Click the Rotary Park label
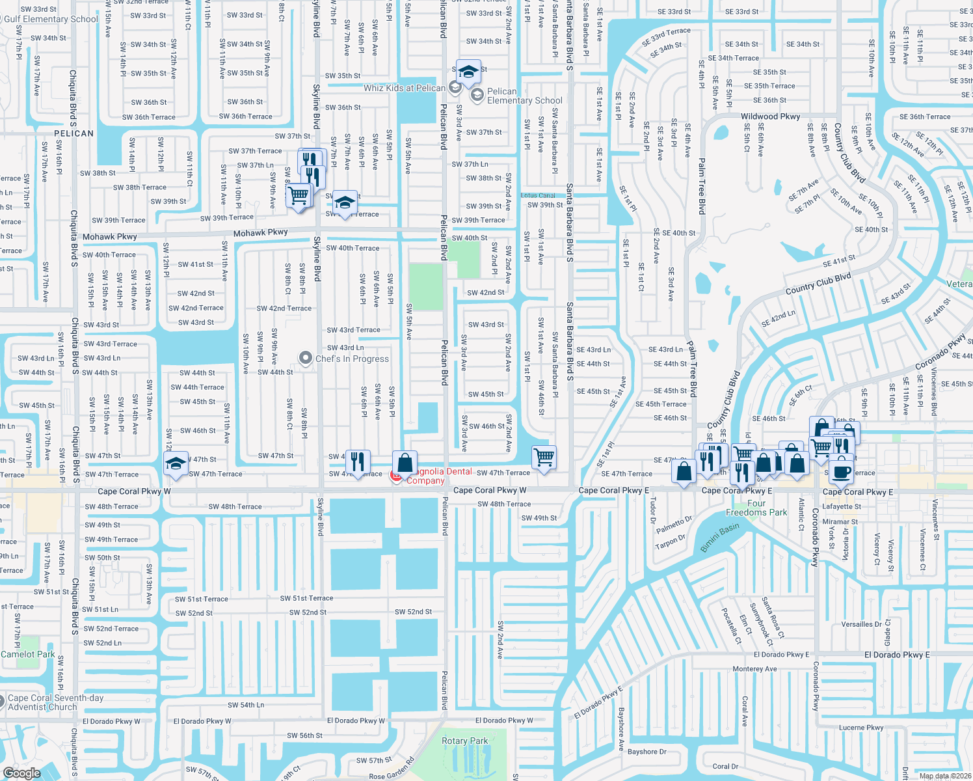tap(464, 741)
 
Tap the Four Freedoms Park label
tap(756, 508)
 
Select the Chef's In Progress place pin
tap(306, 359)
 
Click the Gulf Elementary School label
tap(51, 19)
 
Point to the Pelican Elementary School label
tap(524, 96)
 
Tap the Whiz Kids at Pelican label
tap(405, 88)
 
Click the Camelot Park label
tap(28, 654)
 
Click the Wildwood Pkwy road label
tap(770, 116)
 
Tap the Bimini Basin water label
tap(719, 538)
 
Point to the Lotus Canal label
tap(538, 195)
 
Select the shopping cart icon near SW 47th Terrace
tap(544, 456)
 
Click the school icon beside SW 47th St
tap(176, 463)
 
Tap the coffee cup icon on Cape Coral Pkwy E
tap(841, 472)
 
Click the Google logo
tap(21, 773)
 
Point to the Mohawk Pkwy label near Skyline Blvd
tap(260, 232)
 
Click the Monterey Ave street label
tap(754, 668)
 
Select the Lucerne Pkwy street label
tap(861, 728)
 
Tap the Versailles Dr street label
tap(862, 624)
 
